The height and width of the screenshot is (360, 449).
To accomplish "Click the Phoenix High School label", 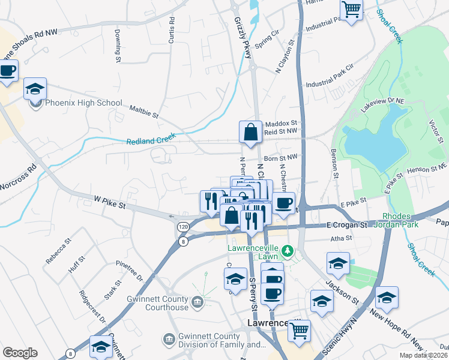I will coord(83,103).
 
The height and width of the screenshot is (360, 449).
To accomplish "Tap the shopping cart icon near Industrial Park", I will coord(351,10).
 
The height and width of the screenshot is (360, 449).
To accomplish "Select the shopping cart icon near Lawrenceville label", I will coord(299,329).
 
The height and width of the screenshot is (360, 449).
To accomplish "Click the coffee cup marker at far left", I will coord(7,71).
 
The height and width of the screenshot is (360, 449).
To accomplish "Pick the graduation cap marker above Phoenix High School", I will coord(35,89).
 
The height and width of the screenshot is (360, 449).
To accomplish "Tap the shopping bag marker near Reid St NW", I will coord(250,132).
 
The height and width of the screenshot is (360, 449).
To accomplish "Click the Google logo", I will coord(20,353).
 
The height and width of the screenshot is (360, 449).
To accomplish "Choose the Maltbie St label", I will coord(143,111).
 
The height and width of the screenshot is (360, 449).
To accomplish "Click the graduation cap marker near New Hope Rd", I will coord(387,298).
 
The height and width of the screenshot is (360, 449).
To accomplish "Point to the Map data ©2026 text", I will coord(423,355).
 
